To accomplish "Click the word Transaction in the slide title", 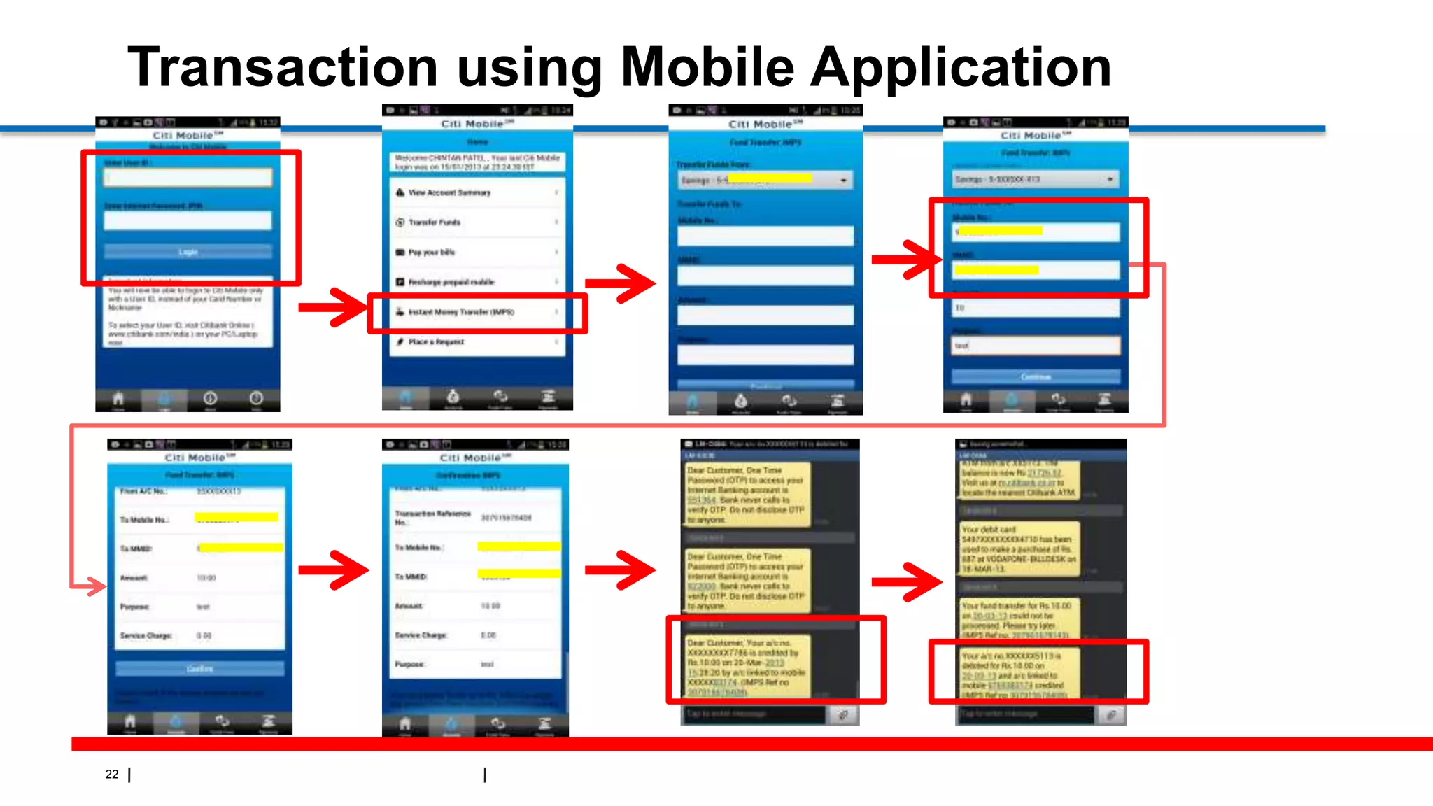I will (x=283, y=67).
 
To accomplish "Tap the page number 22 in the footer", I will (x=112, y=774).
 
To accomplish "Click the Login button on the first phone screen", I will (x=188, y=251).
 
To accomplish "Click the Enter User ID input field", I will (x=188, y=178).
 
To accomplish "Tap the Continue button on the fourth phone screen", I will (x=1036, y=377).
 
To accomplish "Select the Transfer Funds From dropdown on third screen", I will (x=765, y=180).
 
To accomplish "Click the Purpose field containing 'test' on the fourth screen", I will (x=1036, y=346).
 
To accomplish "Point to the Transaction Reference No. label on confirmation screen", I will (x=432, y=517).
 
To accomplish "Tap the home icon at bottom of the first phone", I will (x=118, y=399).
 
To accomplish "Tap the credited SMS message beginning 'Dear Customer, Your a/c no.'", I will (x=746, y=667).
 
